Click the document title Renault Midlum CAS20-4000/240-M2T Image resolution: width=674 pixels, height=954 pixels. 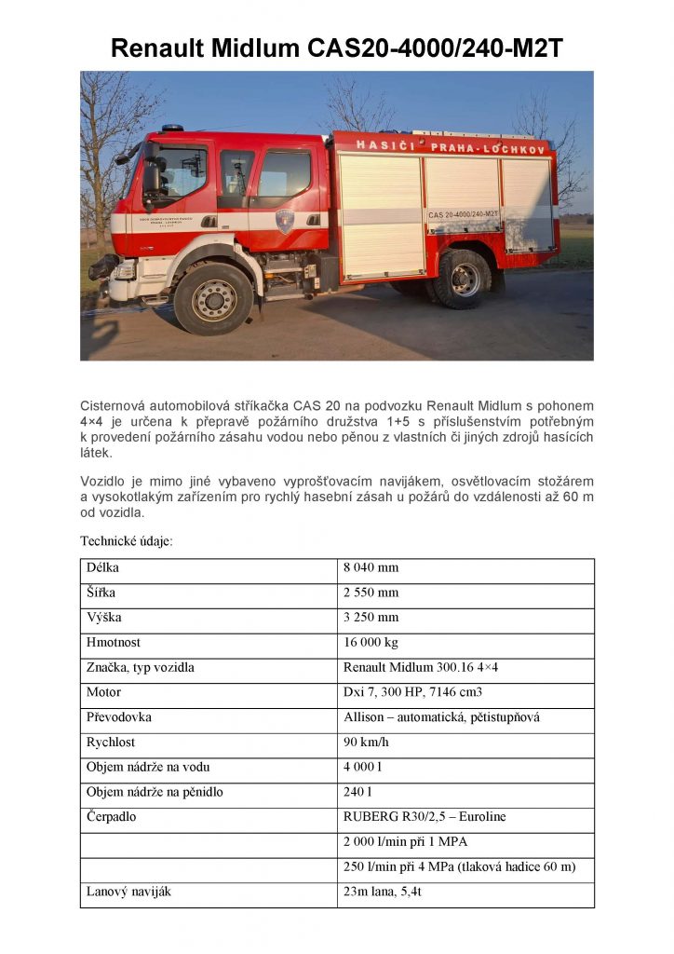(336, 48)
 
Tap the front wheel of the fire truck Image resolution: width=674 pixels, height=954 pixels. (213, 298)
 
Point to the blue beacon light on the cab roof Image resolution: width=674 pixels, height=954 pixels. (172, 128)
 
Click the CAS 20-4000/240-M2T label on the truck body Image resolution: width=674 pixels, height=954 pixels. (462, 214)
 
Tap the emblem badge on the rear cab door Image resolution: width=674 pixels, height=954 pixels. (285, 221)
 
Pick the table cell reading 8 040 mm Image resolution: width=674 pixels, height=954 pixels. (371, 567)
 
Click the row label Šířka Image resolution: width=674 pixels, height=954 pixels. (103, 593)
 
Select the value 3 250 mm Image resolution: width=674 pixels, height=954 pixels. (371, 618)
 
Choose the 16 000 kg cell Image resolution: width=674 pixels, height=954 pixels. (371, 643)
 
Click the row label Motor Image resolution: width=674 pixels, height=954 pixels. (103, 693)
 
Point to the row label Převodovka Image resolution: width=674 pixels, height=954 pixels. (118, 718)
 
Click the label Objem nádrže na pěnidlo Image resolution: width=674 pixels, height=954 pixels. (155, 793)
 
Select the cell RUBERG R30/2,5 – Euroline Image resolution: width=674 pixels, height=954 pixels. (425, 818)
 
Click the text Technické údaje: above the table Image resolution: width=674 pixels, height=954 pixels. (126, 540)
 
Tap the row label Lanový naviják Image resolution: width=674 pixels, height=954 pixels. (128, 893)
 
